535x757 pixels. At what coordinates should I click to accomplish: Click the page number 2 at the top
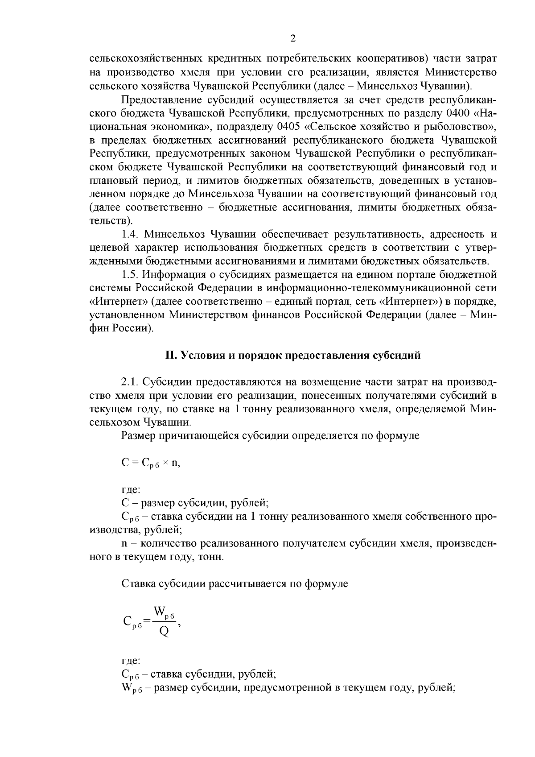293,39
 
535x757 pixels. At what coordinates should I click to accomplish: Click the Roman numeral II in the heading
170,356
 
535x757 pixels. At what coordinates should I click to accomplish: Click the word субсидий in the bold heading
400,356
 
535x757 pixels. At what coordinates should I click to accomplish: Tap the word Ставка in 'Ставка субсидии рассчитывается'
137,583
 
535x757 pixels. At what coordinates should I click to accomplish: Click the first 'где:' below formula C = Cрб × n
131,490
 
